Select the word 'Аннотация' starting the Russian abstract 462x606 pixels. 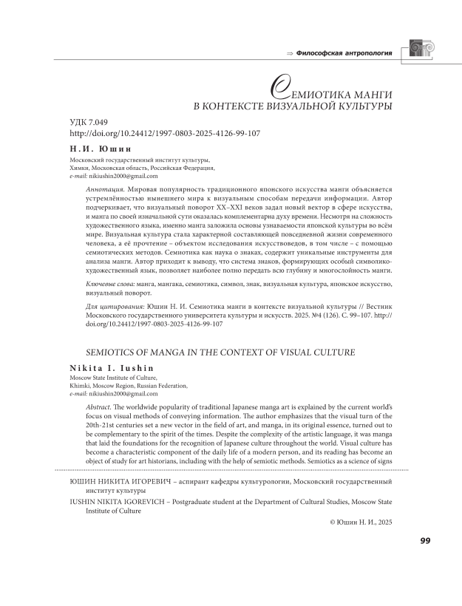[x=100, y=190]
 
